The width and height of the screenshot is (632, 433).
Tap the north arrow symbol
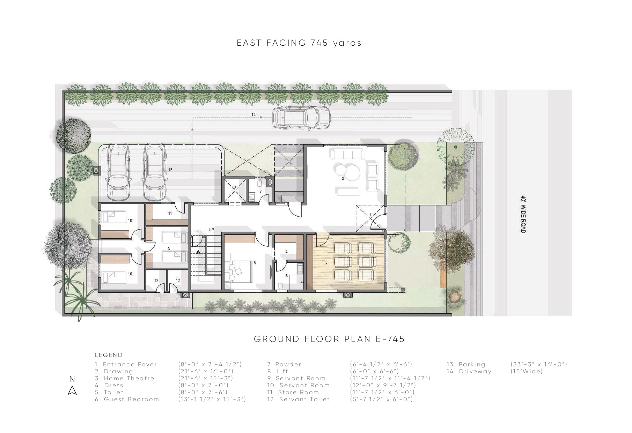pyautogui.click(x=72, y=390)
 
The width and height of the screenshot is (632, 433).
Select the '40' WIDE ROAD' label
pyautogui.click(x=523, y=214)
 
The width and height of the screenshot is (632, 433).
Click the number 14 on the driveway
pyautogui.click(x=253, y=114)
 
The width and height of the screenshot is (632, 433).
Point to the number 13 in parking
pyautogui.click(x=170, y=170)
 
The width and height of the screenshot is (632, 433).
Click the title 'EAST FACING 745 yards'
pyautogui.click(x=299, y=43)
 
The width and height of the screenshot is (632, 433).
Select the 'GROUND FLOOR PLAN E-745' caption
pyautogui.click(x=329, y=339)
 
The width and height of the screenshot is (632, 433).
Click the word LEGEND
pyautogui.click(x=109, y=355)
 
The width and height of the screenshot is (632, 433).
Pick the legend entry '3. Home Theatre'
pyautogui.click(x=124, y=379)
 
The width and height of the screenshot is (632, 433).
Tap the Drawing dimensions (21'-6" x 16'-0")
pyautogui.click(x=206, y=372)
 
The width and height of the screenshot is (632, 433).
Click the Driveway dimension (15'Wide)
pyautogui.click(x=527, y=372)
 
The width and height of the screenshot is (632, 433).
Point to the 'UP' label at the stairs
pyautogui.click(x=211, y=230)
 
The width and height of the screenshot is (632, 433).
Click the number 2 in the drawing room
pyautogui.click(x=343, y=178)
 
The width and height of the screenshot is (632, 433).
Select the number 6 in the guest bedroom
pyautogui.click(x=255, y=262)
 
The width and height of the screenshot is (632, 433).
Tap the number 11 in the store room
pyautogui.click(x=170, y=213)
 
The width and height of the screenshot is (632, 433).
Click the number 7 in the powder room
pyautogui.click(x=260, y=192)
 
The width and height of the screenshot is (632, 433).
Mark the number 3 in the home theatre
pyautogui.click(x=326, y=262)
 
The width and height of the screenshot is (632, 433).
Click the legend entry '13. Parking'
pyautogui.click(x=466, y=365)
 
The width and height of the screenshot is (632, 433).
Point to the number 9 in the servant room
pyautogui.click(x=169, y=248)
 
